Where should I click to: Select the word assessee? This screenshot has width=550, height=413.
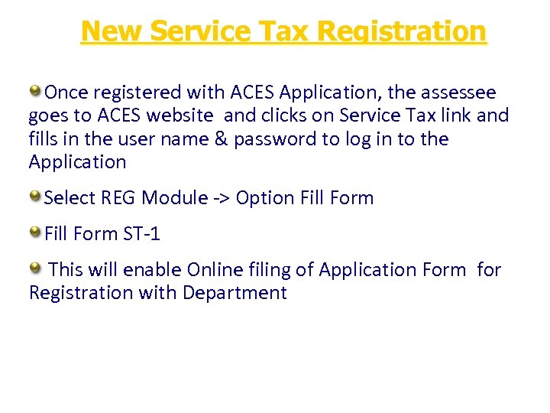(457, 93)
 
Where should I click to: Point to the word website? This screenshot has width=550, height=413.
(182, 116)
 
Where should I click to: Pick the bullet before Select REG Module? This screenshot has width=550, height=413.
(36, 197)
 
